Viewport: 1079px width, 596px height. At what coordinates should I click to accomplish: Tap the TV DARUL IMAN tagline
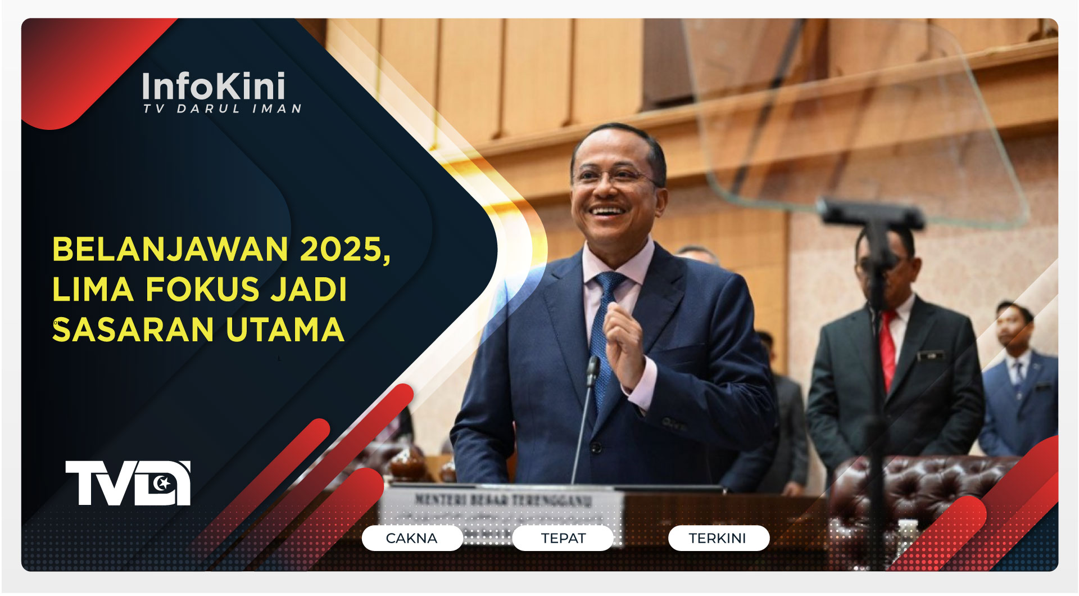(x=223, y=109)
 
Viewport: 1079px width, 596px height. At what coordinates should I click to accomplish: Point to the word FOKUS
(x=203, y=290)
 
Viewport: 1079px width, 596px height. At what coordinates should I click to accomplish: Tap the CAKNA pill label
(x=411, y=538)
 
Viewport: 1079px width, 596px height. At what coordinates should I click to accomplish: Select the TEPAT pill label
(x=563, y=538)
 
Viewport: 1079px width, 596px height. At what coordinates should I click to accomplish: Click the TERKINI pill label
(x=718, y=538)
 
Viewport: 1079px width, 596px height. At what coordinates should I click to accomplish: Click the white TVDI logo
(x=128, y=483)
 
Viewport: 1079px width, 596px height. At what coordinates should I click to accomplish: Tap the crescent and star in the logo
(x=163, y=481)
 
